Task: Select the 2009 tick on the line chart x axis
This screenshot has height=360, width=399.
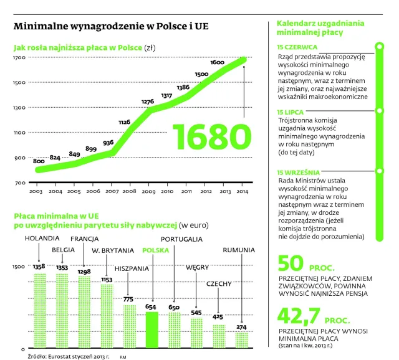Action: click(148, 191)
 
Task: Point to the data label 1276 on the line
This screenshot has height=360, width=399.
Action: click(148, 102)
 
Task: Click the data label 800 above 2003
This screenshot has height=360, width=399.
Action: click(39, 161)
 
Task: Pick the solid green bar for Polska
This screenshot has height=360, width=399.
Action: click(151, 329)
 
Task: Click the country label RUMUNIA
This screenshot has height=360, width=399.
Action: click(239, 250)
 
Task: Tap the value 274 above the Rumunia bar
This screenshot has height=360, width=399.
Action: click(240, 327)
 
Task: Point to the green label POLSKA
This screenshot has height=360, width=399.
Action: click(156, 250)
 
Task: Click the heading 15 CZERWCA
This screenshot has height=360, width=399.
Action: click(297, 47)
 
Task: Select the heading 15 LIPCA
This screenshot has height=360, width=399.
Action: click(290, 111)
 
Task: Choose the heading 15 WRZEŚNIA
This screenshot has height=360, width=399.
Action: click(298, 172)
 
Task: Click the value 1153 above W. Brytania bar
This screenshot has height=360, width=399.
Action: click(107, 280)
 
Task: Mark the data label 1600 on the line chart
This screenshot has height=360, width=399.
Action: click(218, 62)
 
